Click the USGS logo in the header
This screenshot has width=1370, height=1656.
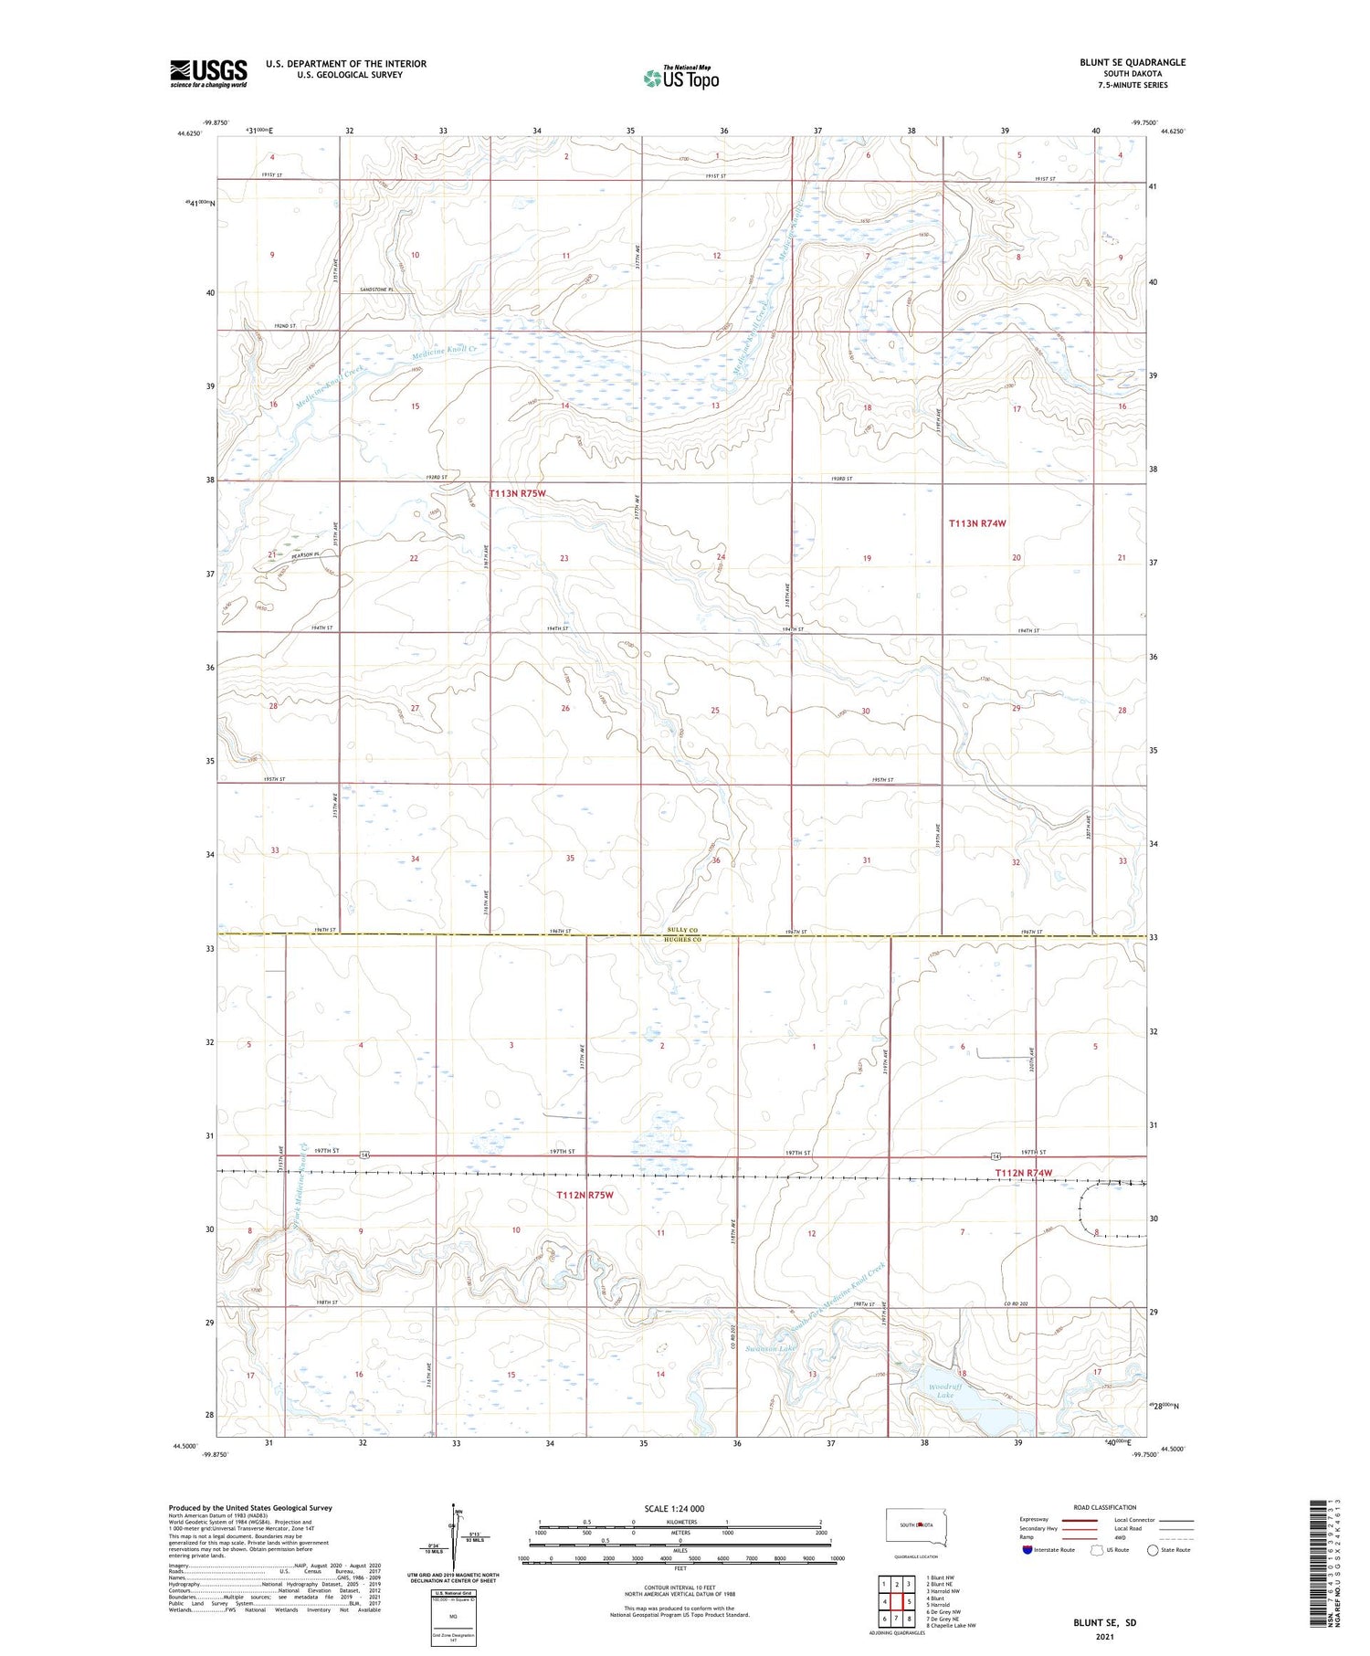click(x=208, y=73)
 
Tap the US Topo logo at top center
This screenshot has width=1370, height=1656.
click(x=681, y=79)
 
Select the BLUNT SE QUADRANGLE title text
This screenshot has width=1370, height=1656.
click(x=1133, y=63)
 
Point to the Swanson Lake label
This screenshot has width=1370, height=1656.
click(x=772, y=1348)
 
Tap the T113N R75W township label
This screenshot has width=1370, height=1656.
click(x=518, y=494)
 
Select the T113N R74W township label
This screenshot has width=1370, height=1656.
click(x=977, y=523)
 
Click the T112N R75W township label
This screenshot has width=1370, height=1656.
click(x=585, y=1195)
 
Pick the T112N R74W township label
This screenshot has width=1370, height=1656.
click(x=1024, y=1173)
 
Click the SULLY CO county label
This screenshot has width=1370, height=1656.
click(x=681, y=930)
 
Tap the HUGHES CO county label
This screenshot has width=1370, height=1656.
click(x=681, y=940)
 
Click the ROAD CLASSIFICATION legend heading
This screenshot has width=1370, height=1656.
click(x=1105, y=1507)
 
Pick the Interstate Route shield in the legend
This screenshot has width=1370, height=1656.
click(x=1027, y=1550)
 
